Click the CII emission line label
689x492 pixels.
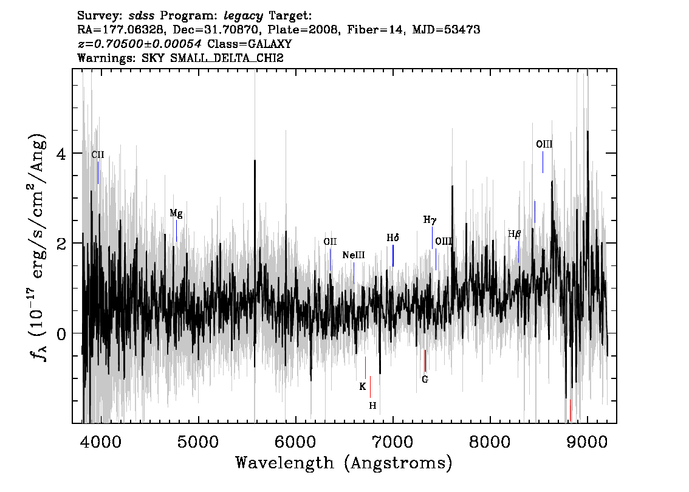pos(98,155)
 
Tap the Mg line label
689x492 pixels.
pos(176,213)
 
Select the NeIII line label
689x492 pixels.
pos(354,255)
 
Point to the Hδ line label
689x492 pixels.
pos(393,237)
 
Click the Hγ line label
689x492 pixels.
pos(430,220)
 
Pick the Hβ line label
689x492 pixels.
pos(514,234)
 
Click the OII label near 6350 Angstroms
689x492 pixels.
pos(330,242)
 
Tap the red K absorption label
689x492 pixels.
pos(363,386)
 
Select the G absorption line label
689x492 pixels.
pos(425,380)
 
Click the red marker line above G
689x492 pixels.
pos(425,361)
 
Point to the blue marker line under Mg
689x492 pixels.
pos(176,231)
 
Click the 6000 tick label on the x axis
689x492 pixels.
pos(296,442)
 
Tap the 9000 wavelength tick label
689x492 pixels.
pos(587,442)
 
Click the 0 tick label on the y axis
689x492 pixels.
pos(61,334)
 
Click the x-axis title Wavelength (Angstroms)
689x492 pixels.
pos(344,463)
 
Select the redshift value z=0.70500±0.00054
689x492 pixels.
pos(140,44)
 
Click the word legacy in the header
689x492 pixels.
pos(243,16)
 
